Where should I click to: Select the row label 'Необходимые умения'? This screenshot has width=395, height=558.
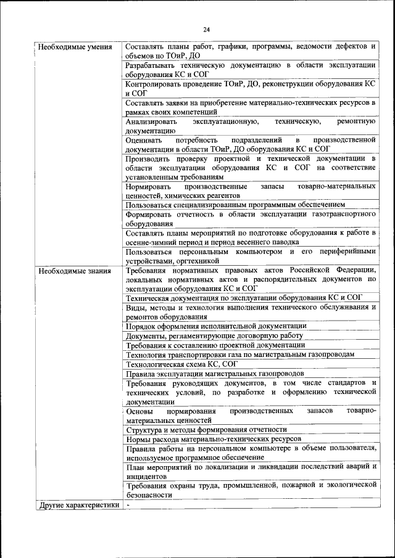(75, 47)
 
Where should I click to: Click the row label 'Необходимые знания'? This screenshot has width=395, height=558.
(74, 270)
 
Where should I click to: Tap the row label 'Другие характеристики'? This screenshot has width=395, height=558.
(78, 505)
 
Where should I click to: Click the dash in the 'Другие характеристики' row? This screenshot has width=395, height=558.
(128, 504)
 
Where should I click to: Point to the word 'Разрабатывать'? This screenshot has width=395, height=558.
(152, 65)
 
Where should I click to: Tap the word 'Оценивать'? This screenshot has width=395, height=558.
(145, 140)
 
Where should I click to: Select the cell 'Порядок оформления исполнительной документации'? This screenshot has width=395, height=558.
(215, 326)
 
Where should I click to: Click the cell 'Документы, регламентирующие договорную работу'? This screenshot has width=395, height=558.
(214, 335)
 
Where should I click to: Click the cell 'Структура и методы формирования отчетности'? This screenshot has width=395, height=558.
(206, 430)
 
